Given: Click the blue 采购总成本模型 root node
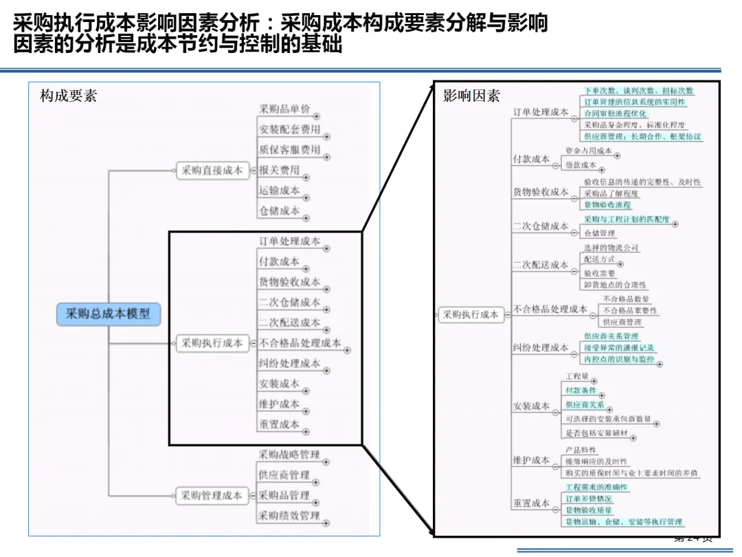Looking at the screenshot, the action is pyautogui.click(x=108, y=314).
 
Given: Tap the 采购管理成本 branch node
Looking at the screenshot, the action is pyautogui.click(x=212, y=495).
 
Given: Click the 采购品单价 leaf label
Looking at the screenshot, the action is pyautogui.click(x=284, y=109).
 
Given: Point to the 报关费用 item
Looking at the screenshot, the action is pyautogui.click(x=280, y=170).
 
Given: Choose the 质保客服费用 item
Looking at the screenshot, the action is pyautogui.click(x=289, y=149).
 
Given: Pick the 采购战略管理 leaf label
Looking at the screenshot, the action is pyautogui.click(x=289, y=455).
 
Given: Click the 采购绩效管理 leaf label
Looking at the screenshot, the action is pyautogui.click(x=289, y=516).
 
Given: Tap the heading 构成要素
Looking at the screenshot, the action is pyautogui.click(x=68, y=96).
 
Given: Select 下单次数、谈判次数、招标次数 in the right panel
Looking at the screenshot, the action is pyautogui.click(x=639, y=91).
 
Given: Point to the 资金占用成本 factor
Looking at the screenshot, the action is pyautogui.click(x=589, y=151).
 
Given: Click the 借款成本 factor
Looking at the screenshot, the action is pyautogui.click(x=581, y=165).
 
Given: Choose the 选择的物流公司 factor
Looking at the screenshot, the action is pyautogui.click(x=611, y=248).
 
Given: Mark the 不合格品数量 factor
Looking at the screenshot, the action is pyautogui.click(x=626, y=299).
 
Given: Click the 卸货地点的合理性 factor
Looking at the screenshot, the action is pyautogui.click(x=615, y=285).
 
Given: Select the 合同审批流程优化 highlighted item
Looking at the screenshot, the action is pyautogui.click(x=615, y=113).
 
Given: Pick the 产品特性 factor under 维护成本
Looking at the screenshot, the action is pyautogui.click(x=581, y=450).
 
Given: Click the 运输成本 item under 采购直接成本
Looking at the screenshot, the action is pyautogui.click(x=280, y=190).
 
